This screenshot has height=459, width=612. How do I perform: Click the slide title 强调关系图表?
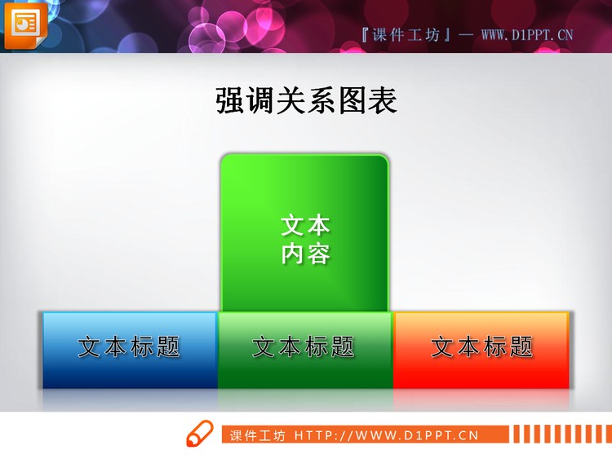tap(306, 100)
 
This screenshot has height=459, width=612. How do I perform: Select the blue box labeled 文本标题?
tap(130, 349)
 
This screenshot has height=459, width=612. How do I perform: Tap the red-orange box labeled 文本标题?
tap(481, 349)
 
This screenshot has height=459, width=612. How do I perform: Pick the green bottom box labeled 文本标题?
tap(305, 349)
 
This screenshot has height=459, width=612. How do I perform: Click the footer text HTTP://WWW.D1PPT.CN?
tap(386, 435)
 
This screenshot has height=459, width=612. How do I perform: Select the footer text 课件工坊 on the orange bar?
tap(257, 435)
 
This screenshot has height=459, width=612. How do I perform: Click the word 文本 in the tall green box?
tap(305, 225)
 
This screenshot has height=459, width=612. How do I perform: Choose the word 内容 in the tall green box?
tap(305, 254)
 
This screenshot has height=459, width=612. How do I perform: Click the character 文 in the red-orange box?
tap(442, 347)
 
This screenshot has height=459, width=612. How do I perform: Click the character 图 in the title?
tap(352, 100)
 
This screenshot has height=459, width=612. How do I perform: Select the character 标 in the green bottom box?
tap(318, 347)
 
